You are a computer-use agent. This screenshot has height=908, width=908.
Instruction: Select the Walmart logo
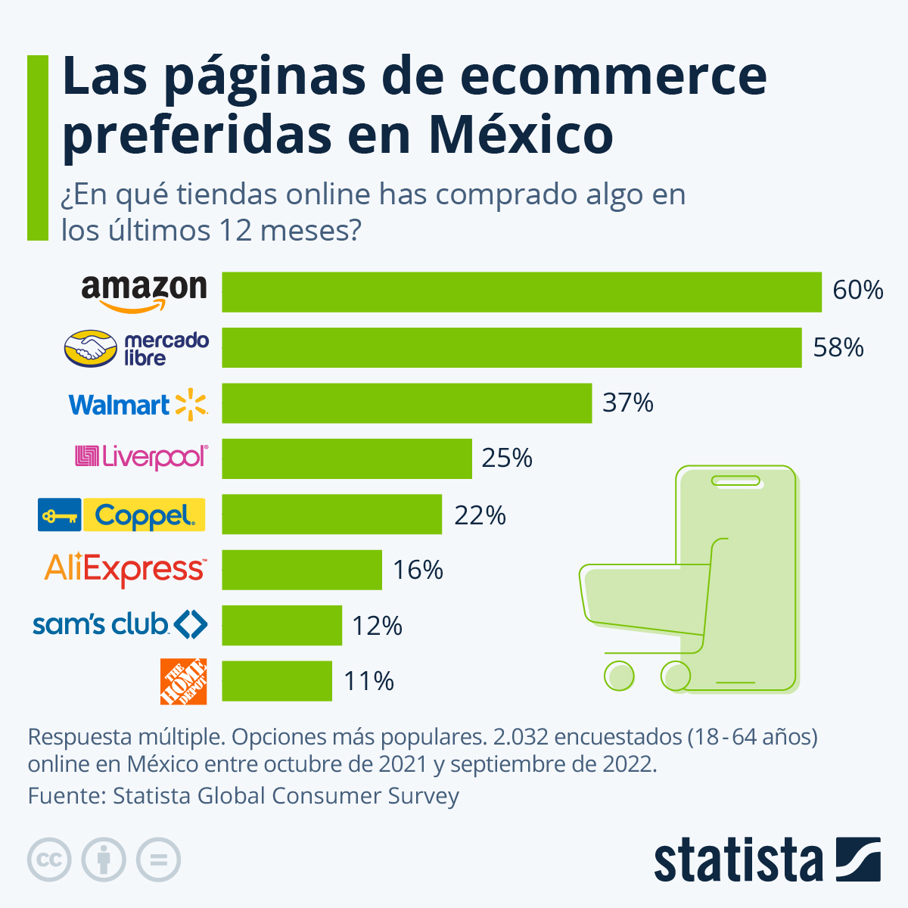pos(138,404)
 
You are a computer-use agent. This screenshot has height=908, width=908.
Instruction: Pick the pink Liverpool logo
pos(141,457)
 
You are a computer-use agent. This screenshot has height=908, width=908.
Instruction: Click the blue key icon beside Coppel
pos(59,515)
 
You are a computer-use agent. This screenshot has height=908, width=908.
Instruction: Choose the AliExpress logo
pos(125,569)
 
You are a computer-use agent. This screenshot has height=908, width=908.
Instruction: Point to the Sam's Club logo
pos(120,624)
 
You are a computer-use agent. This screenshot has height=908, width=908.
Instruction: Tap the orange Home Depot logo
pos(183,681)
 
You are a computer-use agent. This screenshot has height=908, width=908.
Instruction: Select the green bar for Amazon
pos(521,292)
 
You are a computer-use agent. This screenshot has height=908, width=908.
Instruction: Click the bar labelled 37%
pos(406,403)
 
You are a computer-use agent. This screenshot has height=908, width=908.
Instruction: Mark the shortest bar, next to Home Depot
pos(276,681)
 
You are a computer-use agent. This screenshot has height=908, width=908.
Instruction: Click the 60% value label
pos(858,291)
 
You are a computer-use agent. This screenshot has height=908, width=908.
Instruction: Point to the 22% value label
pos(480,515)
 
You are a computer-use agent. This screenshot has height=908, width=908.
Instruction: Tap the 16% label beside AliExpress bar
pos(418,570)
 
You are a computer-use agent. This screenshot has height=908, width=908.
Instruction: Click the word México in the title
pos(520,135)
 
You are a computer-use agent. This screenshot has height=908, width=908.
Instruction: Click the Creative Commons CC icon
pos(49,860)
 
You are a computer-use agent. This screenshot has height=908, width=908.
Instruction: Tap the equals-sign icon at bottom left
pos(158,860)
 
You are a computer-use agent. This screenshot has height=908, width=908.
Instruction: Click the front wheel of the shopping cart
pos(619,675)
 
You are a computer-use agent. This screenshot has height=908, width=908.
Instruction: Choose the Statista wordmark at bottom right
pos(738,860)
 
